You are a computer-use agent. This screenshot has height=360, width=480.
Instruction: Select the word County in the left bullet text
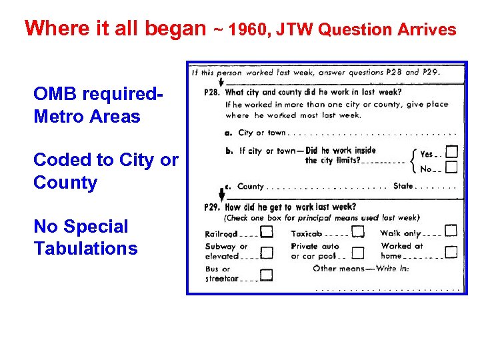(x=65, y=183)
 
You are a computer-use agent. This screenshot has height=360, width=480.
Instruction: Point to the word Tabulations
(x=85, y=249)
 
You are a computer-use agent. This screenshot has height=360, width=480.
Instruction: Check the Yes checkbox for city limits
(x=451, y=152)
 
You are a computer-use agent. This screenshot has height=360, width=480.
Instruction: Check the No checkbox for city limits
(x=451, y=167)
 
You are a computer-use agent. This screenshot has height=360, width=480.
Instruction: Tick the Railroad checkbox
(x=267, y=232)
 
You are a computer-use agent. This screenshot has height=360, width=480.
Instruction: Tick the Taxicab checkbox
(x=358, y=231)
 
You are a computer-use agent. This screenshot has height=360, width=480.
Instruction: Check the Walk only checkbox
(x=451, y=231)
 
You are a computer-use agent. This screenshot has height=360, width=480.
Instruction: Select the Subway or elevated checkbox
(x=267, y=253)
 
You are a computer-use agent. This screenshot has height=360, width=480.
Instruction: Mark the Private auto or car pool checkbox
(x=358, y=253)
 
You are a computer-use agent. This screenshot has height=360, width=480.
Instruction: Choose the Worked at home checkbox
(x=451, y=252)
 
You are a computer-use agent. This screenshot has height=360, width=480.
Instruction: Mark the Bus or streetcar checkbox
(x=267, y=275)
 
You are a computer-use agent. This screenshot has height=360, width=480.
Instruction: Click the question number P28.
(x=213, y=93)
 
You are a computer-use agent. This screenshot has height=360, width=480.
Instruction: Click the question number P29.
(x=213, y=207)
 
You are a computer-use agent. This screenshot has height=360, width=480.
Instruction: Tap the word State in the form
(x=403, y=187)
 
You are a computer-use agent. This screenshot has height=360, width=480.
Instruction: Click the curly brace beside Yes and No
(x=413, y=160)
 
